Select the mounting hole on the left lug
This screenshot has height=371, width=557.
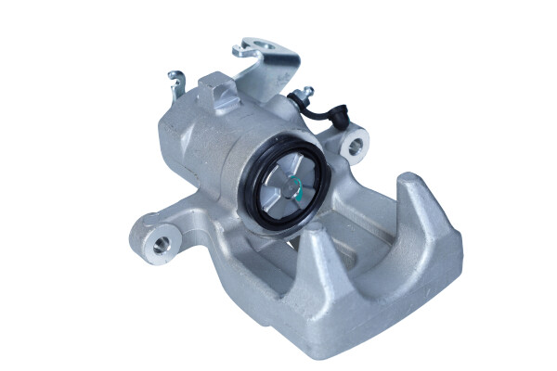point(162,243)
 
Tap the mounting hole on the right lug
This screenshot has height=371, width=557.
point(354,147)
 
